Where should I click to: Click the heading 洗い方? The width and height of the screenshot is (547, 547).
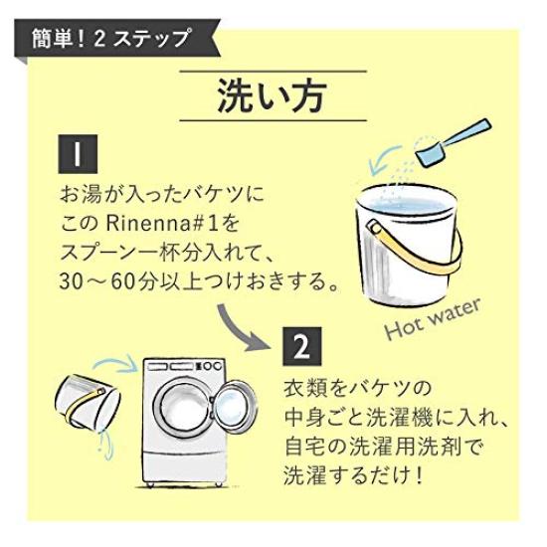click(273, 98)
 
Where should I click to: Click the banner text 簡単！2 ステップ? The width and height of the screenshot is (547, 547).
click(113, 40)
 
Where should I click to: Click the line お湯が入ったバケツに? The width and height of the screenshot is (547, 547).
click(159, 189)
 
